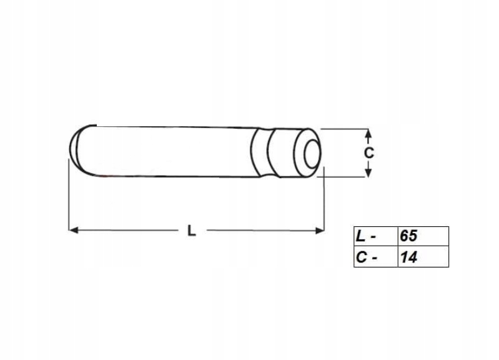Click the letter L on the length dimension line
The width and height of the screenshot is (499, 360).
coord(192,231)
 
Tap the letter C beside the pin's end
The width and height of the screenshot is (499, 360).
coord(368,152)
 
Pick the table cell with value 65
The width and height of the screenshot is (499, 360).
coord(423,236)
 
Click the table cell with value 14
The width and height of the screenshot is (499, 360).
coord(423,256)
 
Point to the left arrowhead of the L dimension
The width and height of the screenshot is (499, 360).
coord(72,230)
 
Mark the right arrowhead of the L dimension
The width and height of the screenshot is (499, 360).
coord(321,230)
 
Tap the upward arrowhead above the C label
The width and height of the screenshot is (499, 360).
coord(368,134)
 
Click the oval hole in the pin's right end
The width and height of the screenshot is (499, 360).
coord(311,152)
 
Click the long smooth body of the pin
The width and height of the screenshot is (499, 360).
coord(162,152)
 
